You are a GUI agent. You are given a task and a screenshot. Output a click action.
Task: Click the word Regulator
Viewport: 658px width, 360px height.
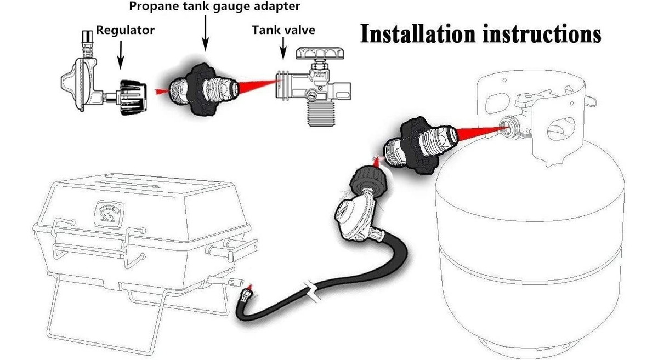125,31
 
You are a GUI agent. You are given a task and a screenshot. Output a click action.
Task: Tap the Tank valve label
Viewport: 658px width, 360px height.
283,30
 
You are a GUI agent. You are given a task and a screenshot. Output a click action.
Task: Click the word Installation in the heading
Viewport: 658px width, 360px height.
418,34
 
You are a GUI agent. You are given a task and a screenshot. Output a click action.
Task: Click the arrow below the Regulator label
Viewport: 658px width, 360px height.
121,55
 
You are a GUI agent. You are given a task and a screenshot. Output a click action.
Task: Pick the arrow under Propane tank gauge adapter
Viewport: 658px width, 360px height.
205,33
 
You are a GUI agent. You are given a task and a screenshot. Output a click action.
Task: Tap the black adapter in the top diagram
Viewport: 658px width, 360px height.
203,89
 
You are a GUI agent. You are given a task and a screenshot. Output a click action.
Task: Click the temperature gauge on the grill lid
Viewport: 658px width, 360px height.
109,215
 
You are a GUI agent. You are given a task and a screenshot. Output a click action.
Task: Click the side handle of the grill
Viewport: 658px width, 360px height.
232,250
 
